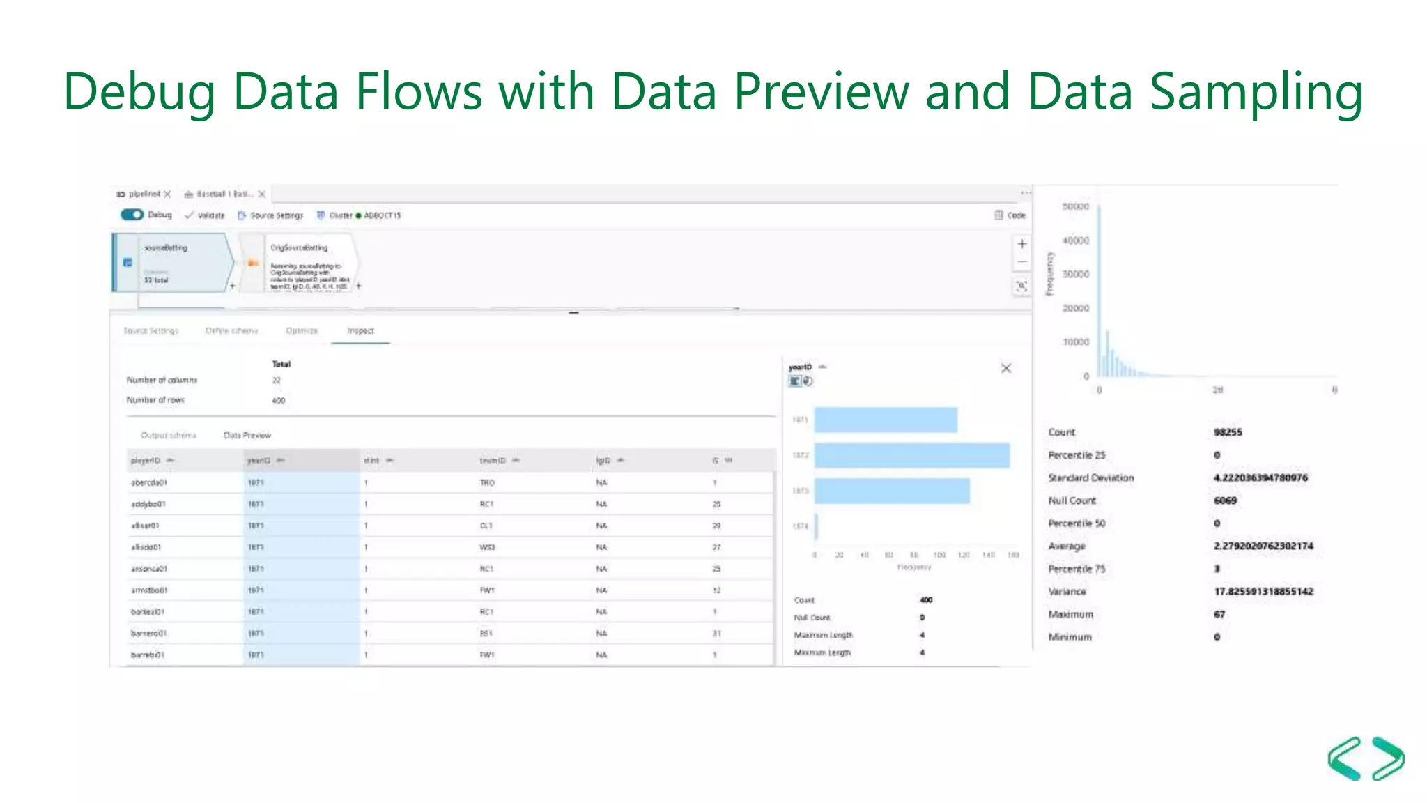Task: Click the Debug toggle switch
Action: (x=132, y=215)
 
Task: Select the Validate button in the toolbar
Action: (x=205, y=215)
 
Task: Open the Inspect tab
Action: (x=360, y=331)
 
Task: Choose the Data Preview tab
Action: (x=247, y=436)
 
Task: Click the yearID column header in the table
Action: (x=259, y=461)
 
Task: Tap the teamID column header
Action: (x=493, y=461)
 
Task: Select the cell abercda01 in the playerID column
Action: (x=149, y=482)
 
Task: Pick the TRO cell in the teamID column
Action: (x=487, y=482)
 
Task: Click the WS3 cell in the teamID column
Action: (x=487, y=547)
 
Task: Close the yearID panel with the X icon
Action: (x=1006, y=368)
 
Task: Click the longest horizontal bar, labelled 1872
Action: (x=911, y=455)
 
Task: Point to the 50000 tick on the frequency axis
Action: (x=1075, y=206)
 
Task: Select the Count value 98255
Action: (x=1228, y=432)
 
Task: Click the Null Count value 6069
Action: (x=1225, y=500)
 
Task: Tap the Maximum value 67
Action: (x=1219, y=614)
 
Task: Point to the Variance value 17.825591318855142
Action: (x=1263, y=592)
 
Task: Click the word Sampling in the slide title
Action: (x=1256, y=92)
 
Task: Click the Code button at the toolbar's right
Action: (x=1010, y=215)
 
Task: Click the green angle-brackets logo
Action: (x=1366, y=758)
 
